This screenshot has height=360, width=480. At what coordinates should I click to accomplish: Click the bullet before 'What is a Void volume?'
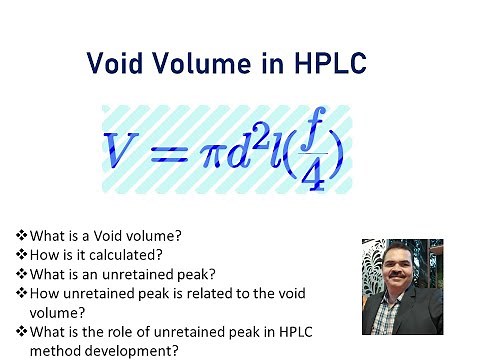[x=22, y=236]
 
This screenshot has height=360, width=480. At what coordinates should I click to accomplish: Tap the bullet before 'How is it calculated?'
[x=22, y=254]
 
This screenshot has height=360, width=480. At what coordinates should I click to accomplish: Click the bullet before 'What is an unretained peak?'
[x=22, y=273]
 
